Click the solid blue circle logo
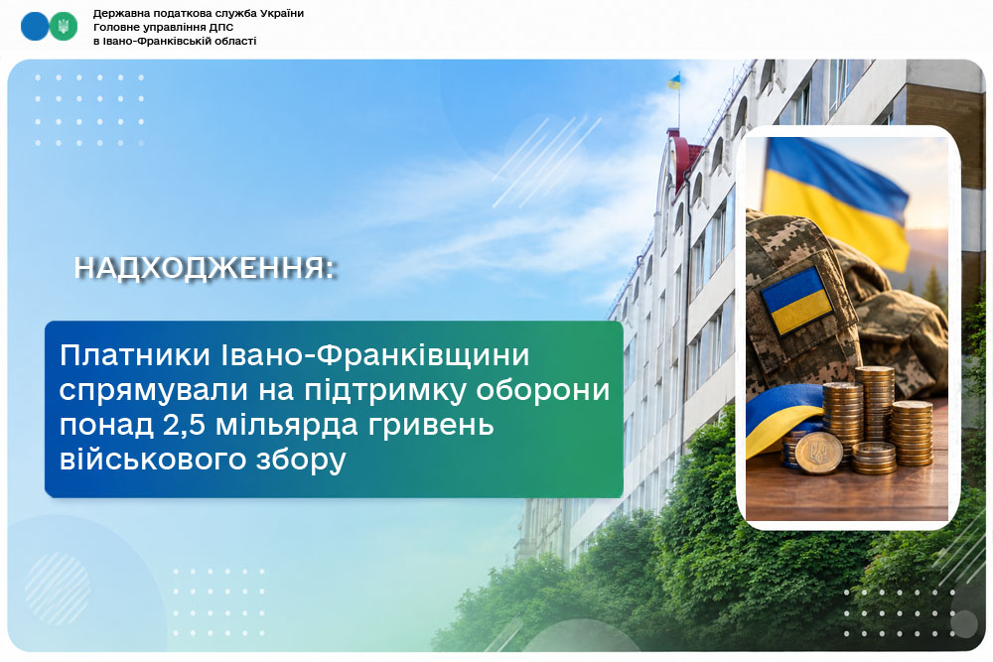click(x=34, y=27)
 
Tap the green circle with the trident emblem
click(x=64, y=27)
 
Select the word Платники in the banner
click(x=135, y=355)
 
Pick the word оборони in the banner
click(x=543, y=390)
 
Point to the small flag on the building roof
click(x=674, y=81)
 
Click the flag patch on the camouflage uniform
click(x=795, y=302)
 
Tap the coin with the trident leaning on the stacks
click(x=819, y=454)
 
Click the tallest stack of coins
click(x=874, y=405)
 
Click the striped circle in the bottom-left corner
click(x=59, y=589)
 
